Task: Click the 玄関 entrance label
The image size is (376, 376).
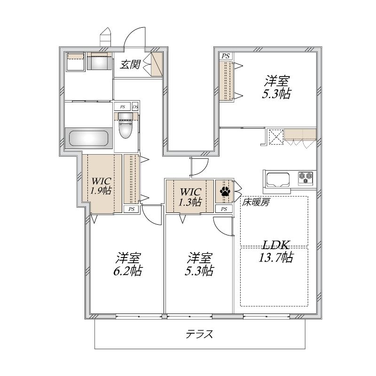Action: pos(130,64)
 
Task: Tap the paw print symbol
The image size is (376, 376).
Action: pos(225,191)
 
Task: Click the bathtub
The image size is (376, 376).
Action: pos(88,138)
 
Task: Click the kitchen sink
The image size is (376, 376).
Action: pos(278,180)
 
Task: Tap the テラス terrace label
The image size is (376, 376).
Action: pos(199,334)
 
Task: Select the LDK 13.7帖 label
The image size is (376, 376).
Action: pos(276,251)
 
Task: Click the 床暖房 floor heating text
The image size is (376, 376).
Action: pos(255,203)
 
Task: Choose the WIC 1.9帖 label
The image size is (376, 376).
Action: pos(101,186)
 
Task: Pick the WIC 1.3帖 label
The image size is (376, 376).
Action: pos(190,197)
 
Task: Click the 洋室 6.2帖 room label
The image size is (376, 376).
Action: pos(127,264)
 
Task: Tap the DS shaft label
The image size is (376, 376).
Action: pos(135,107)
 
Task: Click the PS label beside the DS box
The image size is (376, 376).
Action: pos(122,107)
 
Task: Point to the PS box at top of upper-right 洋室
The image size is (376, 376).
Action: pos(226,56)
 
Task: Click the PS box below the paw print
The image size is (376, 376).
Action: pos(224,209)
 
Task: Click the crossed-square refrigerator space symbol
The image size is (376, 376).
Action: pos(276,137)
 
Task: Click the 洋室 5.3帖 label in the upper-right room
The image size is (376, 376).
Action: pos(276,87)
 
